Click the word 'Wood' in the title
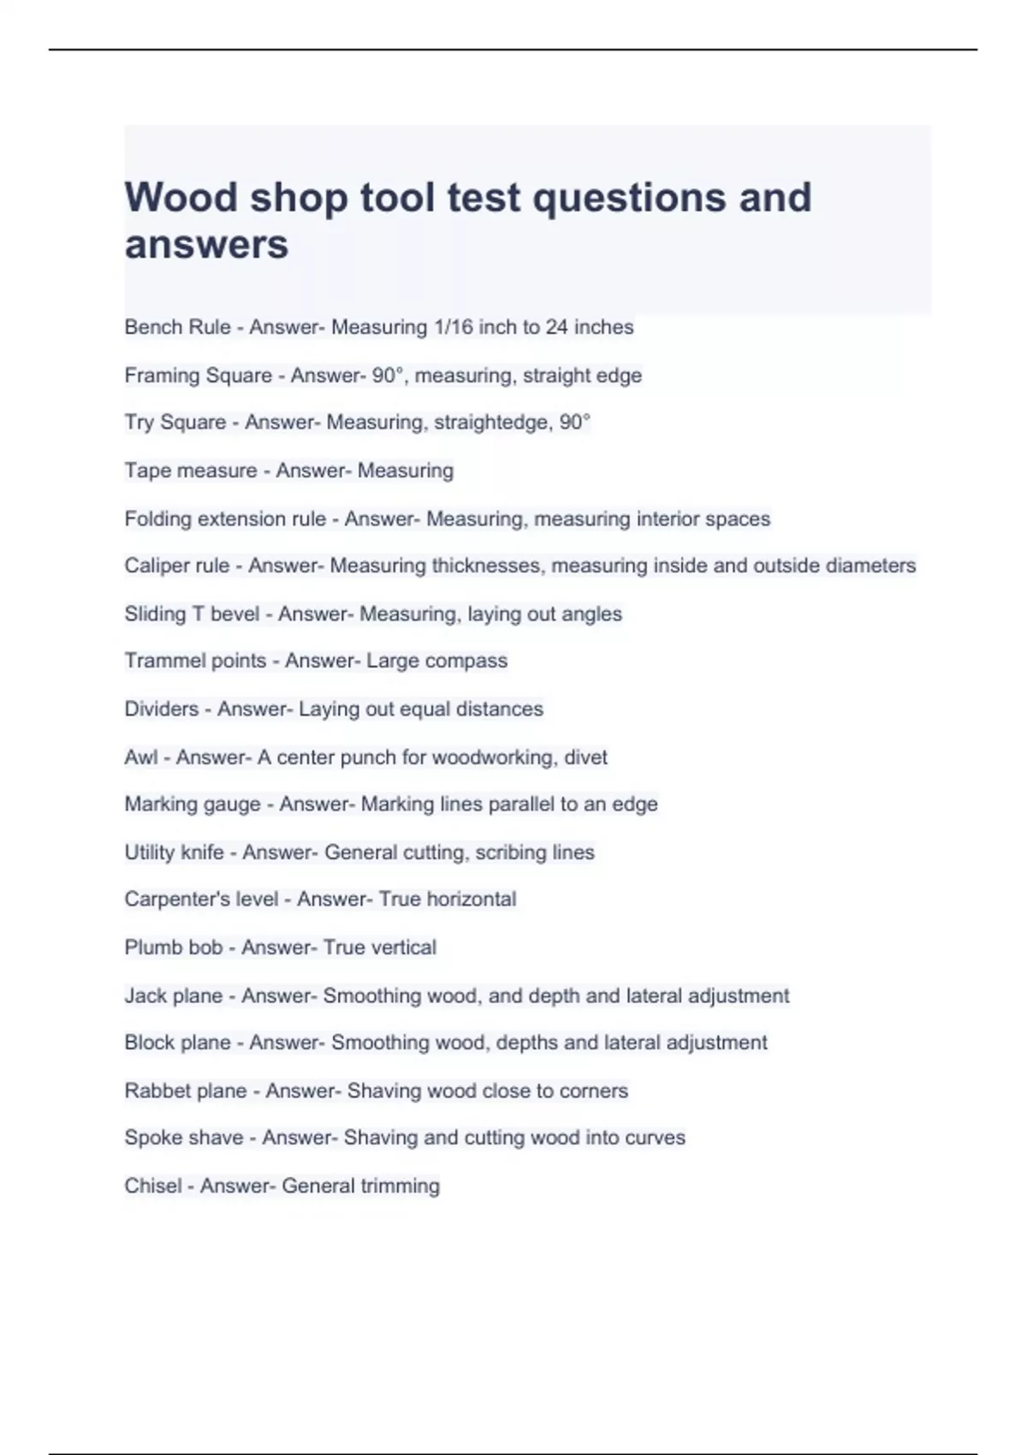pos(181,198)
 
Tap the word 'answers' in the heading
pos(206,245)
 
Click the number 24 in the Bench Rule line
pos(556,327)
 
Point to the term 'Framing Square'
pos(198,375)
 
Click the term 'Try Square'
pos(175,423)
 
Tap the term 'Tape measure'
pos(190,471)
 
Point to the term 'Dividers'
pos(161,709)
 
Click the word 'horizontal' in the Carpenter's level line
pos(471,900)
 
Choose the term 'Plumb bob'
pos(173,947)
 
